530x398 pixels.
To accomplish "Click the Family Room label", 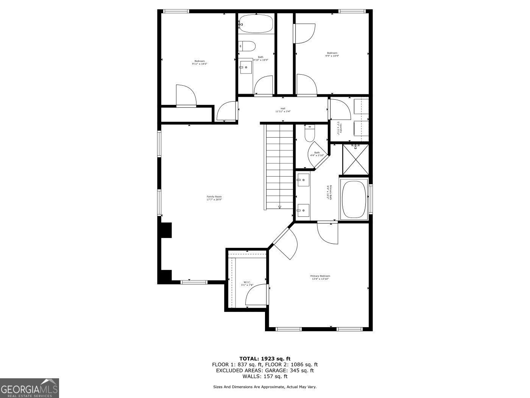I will coord(214,198).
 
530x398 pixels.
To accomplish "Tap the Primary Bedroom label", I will coord(320,277).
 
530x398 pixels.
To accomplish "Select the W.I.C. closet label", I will coord(247,284).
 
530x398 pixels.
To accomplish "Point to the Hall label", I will coord(283,110).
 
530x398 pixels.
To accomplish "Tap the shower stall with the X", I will coord(355,159).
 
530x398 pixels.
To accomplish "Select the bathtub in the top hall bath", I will coord(256,24).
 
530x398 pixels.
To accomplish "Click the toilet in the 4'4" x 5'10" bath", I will coord(310,134).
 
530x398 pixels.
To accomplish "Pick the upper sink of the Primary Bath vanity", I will coord(303,180).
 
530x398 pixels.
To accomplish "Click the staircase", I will coord(279,167).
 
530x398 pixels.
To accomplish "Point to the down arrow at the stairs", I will coord(280,207).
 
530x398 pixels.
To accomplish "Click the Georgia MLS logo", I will coord(29,388).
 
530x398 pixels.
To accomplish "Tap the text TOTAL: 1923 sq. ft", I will coord(265,358).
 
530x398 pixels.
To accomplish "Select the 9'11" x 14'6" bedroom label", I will coord(199,63).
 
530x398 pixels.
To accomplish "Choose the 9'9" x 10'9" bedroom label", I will coord(332,54).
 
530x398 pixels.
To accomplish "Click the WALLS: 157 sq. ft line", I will coord(265,376).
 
